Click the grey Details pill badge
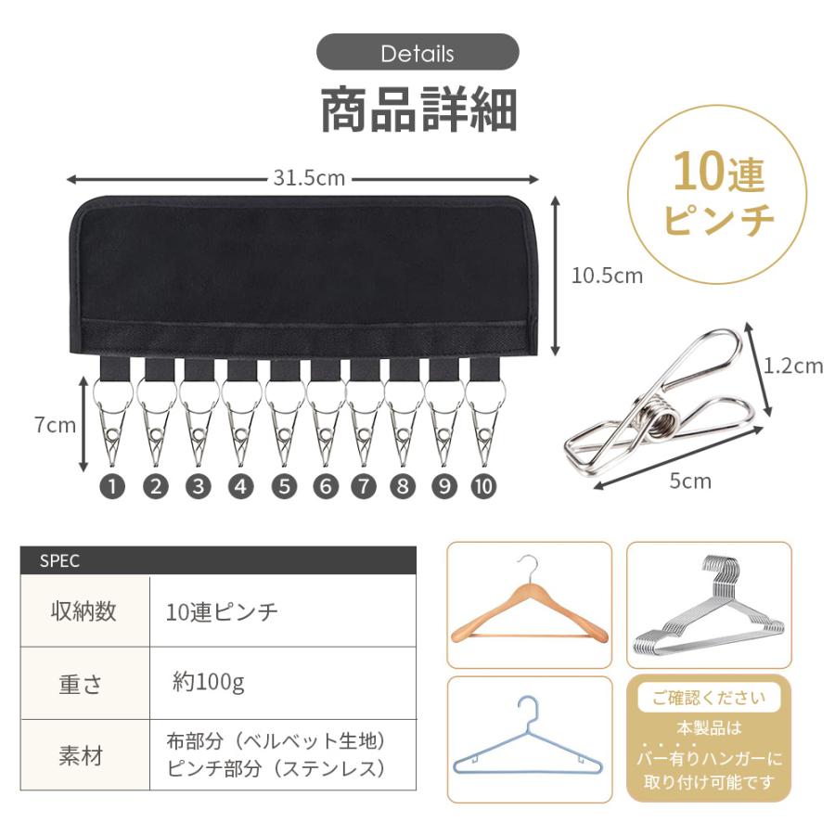point(417,53)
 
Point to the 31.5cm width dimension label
point(309,178)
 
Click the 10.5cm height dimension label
point(607,276)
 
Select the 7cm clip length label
point(55,426)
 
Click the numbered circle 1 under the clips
point(112,486)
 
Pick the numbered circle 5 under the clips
point(283,486)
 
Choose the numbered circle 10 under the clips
point(483,486)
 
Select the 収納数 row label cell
point(84,611)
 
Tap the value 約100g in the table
point(208,684)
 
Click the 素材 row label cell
point(84,756)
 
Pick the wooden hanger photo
point(530,605)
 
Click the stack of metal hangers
point(710,605)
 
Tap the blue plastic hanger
point(530,739)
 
